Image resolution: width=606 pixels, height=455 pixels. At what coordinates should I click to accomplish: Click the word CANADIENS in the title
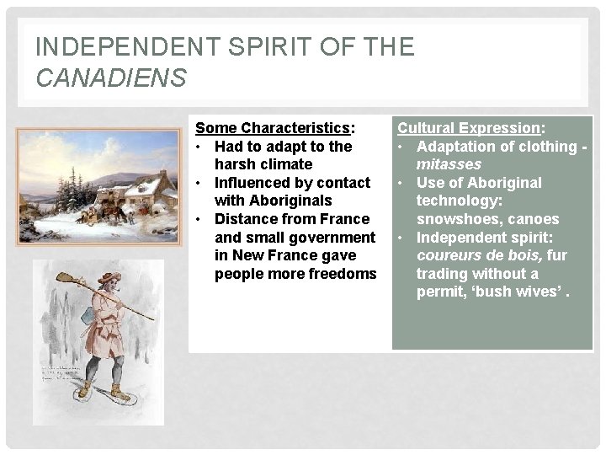tap(110, 79)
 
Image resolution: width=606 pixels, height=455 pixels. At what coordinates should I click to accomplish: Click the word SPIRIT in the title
tap(240, 47)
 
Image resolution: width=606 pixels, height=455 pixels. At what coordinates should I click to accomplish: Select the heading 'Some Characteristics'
tap(273, 128)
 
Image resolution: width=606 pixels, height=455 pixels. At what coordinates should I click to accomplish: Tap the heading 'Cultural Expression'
tap(469, 128)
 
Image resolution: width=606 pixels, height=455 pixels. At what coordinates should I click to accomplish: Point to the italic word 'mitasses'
tap(449, 164)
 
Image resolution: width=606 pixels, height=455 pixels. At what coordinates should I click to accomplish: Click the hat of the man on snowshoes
tap(109, 278)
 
